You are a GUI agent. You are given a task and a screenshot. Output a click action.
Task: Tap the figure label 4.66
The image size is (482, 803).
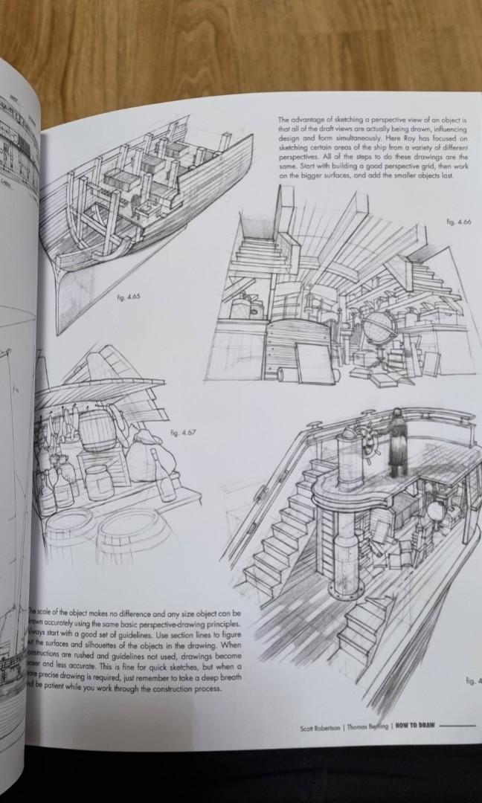(460, 222)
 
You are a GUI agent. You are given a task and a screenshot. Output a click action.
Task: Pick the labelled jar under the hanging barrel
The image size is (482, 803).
(98, 481)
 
